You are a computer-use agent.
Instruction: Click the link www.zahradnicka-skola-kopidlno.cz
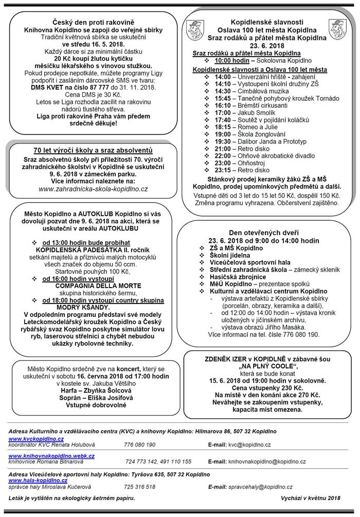tap(93, 189)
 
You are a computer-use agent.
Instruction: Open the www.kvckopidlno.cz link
tap(36, 438)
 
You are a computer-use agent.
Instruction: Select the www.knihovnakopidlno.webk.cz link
tap(51, 456)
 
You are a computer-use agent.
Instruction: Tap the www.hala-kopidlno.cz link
tap(38, 480)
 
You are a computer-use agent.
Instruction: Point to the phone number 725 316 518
tap(139, 486)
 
